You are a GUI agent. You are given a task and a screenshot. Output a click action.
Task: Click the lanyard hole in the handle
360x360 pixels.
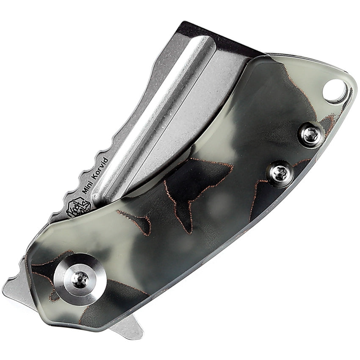pos(335,90)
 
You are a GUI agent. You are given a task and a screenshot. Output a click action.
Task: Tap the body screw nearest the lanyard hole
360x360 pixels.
pos(311,135)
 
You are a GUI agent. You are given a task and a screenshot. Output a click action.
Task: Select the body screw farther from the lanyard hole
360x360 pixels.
pos(280,173)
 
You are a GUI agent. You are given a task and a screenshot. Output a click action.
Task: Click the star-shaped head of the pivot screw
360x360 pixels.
pos(79,279)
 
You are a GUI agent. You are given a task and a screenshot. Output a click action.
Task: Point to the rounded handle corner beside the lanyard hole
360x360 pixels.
pos(350,91)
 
